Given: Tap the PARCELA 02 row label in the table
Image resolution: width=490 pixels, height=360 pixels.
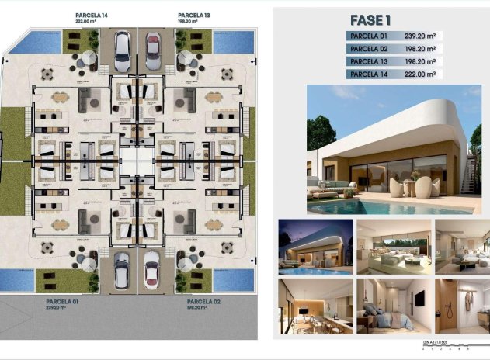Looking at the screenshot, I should (370, 48).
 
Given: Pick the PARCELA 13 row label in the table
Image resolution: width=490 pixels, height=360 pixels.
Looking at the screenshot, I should (370, 61).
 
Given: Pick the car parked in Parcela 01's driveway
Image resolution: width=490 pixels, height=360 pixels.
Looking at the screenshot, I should (123, 269).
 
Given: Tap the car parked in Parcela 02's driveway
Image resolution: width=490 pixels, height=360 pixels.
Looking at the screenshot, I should (152, 269).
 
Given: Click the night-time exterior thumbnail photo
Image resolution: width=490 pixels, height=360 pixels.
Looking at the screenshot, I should (312, 246).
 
